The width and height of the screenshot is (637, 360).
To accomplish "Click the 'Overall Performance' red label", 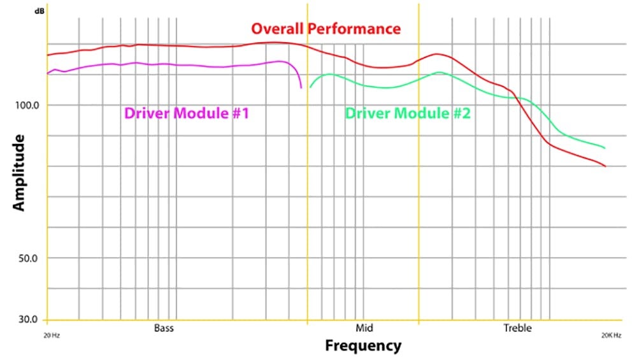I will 326,29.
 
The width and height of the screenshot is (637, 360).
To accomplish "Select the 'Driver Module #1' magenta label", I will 186,113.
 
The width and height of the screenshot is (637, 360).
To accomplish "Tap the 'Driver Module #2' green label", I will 408,113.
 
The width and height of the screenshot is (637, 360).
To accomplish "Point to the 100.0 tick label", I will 26,105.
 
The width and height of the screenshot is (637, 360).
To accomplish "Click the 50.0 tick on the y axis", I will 29,259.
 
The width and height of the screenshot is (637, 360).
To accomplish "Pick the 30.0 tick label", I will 29,319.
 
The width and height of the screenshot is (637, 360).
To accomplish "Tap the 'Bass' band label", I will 164,329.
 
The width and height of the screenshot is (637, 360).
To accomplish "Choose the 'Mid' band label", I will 364,329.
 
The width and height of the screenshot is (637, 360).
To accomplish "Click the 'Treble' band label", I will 517,329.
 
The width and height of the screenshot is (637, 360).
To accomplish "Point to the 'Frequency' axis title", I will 363,346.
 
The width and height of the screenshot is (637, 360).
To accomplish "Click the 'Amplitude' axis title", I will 18,172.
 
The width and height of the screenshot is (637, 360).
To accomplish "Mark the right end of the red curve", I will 605,166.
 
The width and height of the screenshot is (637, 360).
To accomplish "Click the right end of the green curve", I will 604,148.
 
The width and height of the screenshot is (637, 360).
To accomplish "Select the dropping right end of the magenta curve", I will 301,87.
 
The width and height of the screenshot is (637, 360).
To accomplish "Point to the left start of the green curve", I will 310,87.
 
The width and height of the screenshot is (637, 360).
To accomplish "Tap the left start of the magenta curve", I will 48,73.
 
